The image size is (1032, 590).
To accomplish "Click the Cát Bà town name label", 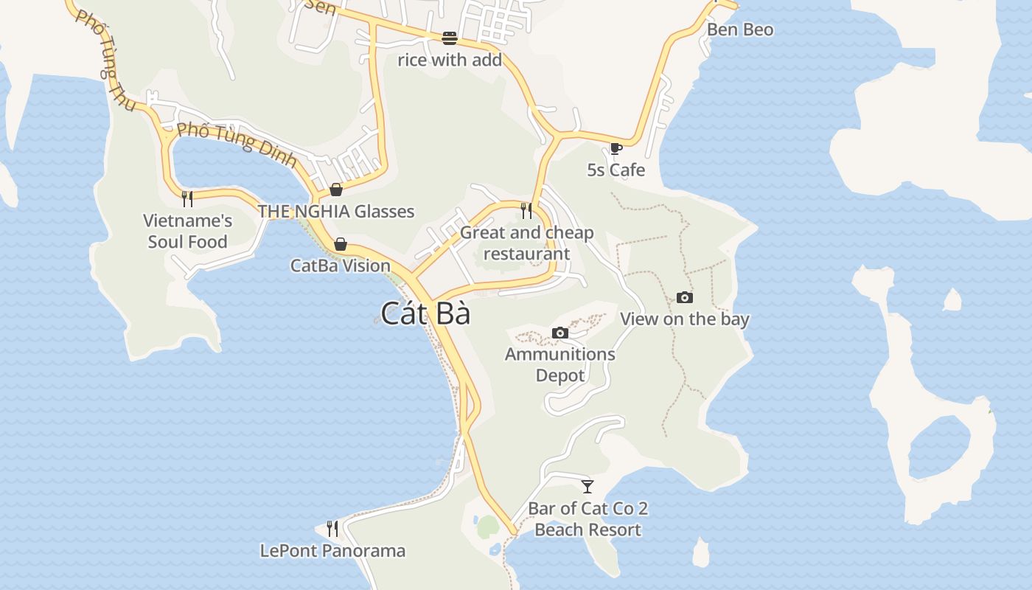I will [425, 314].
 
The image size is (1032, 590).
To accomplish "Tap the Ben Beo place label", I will [739, 29].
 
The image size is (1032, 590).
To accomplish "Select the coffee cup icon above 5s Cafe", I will [616, 149].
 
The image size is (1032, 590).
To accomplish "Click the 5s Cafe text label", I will [616, 170].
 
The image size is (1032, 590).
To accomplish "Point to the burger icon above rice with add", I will [450, 38].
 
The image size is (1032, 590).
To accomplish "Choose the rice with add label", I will [450, 60].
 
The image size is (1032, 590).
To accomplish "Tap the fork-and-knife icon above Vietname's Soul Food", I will [187, 198].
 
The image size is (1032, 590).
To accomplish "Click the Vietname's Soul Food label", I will [187, 231].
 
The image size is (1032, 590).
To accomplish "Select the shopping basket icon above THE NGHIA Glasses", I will [336, 190].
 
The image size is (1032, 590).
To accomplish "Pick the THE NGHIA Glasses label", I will [336, 212].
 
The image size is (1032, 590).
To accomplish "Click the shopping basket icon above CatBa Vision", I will [341, 244].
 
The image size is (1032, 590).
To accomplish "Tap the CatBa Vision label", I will [341, 265].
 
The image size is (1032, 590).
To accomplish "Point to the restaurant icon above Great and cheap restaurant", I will [526, 211].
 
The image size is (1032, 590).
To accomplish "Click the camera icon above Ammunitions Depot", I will [560, 333].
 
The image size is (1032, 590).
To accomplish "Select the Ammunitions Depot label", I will [560, 364].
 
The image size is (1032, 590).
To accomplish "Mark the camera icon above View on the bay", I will [685, 298].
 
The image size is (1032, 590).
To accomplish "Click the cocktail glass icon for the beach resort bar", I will [588, 487].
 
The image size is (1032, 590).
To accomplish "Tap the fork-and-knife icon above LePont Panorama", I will [332, 529].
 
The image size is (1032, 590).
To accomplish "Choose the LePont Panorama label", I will [332, 551].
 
